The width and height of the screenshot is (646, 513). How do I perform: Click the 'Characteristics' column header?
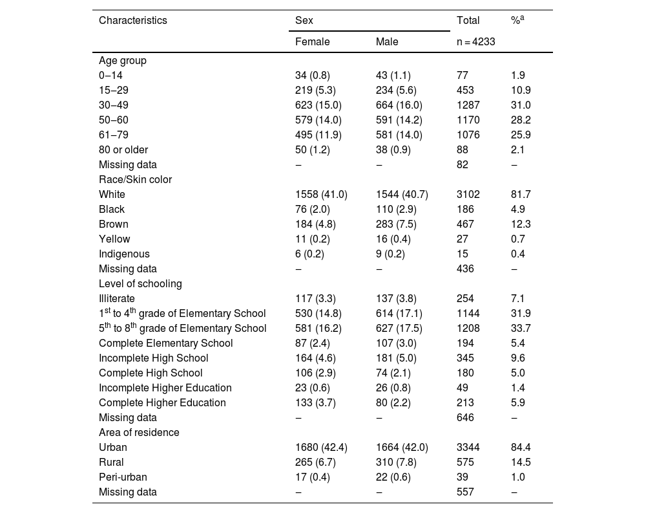[132, 20]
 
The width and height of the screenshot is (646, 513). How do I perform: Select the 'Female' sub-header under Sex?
[312, 41]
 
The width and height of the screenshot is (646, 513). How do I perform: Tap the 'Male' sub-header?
[387, 41]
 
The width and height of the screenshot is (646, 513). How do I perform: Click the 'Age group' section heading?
[122, 61]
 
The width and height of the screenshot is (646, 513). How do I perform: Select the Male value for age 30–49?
[399, 105]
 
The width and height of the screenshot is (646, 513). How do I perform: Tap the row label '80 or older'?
[123, 150]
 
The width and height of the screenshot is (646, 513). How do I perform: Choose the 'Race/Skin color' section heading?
[135, 180]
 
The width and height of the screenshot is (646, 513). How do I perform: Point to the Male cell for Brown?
[396, 224]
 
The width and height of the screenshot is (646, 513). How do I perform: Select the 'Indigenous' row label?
[124, 254]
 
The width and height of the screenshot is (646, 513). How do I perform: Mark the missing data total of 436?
[465, 269]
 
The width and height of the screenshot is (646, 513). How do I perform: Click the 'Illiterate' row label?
[117, 299]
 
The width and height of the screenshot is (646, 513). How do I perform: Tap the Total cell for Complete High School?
[465, 373]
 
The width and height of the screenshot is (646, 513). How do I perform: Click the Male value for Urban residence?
[402, 448]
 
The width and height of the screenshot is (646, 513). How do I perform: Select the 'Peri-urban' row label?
[123, 477]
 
